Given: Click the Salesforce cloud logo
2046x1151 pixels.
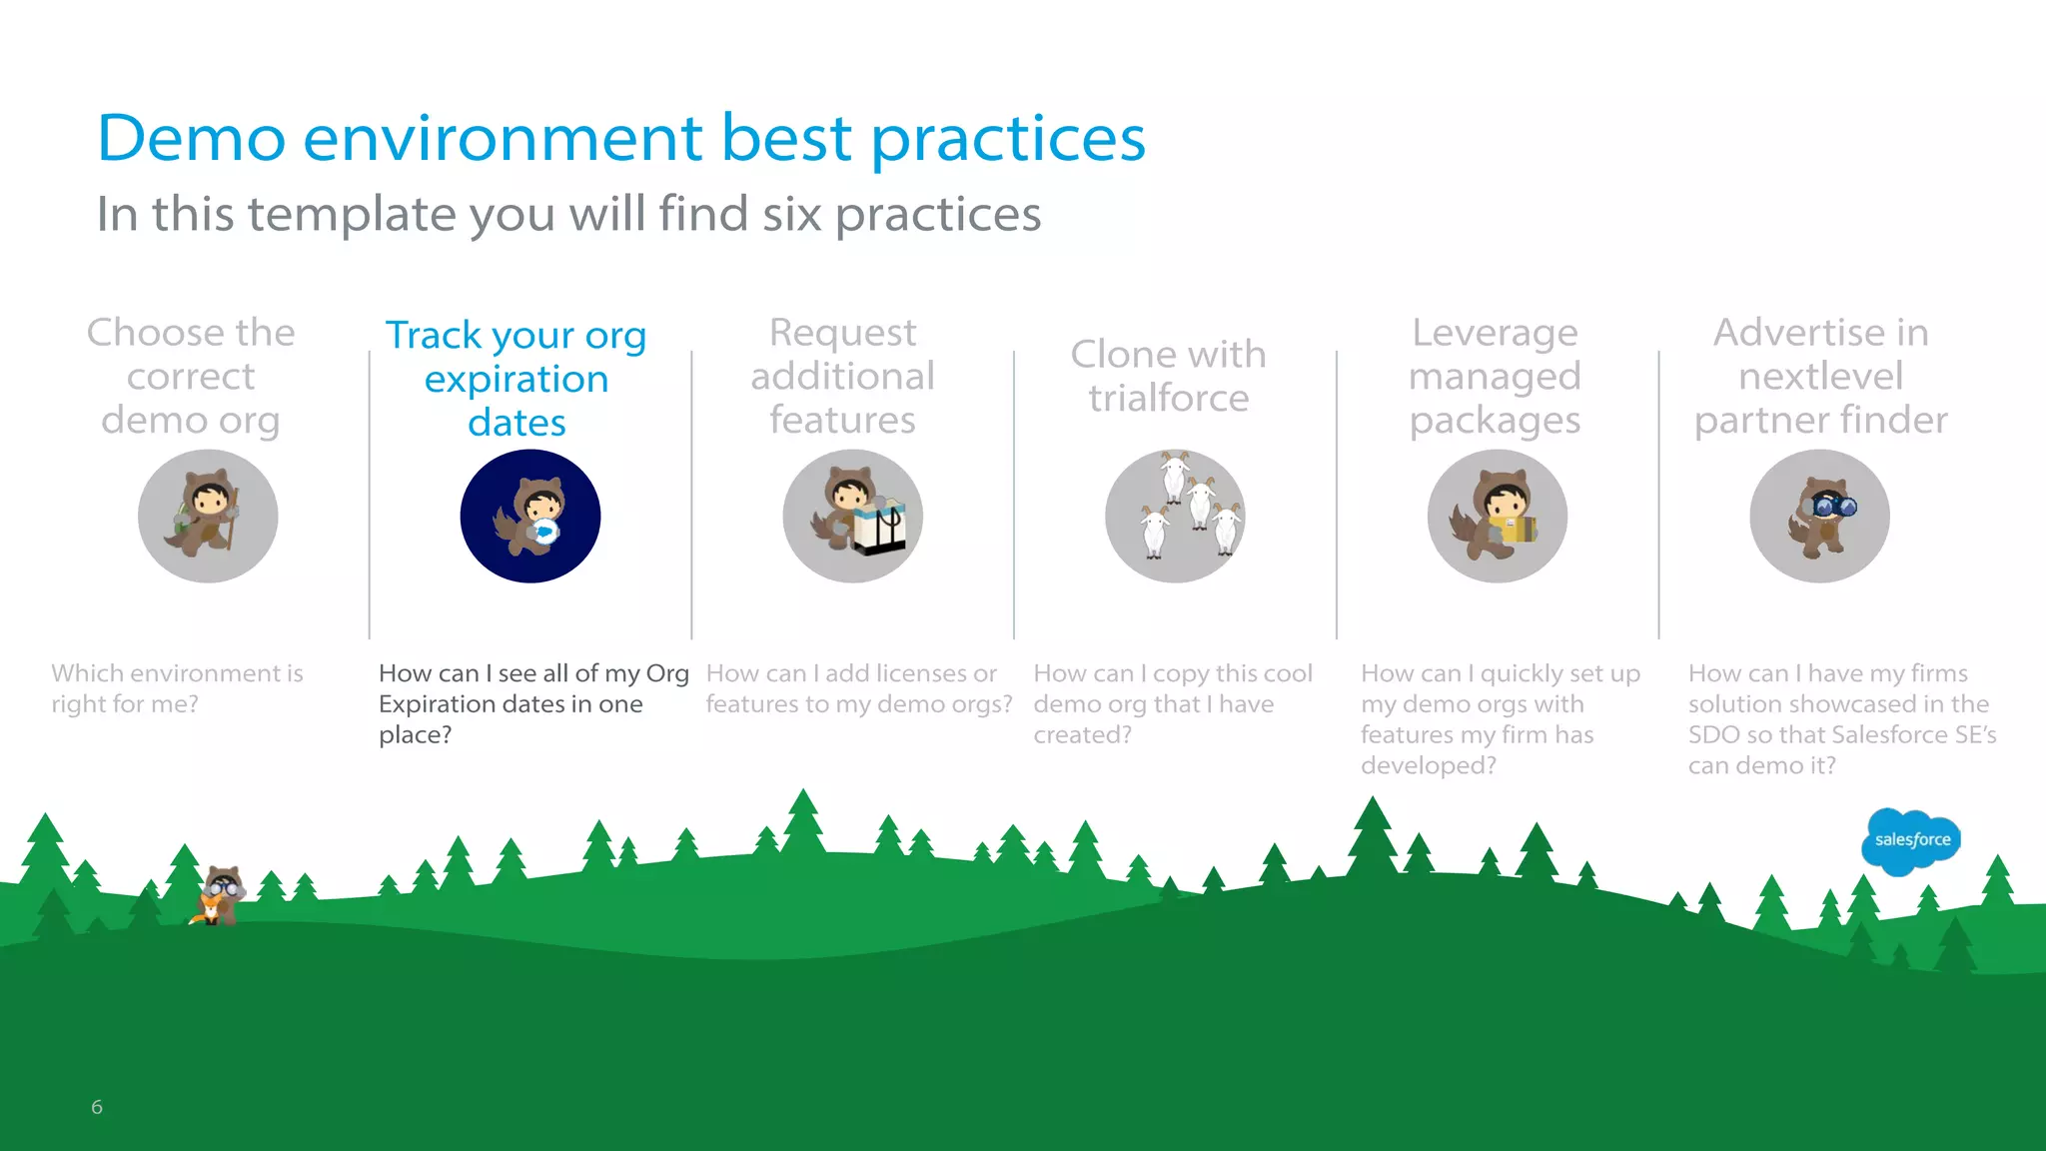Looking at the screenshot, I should point(1910,840).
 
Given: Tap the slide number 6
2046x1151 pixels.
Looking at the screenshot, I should point(97,1106).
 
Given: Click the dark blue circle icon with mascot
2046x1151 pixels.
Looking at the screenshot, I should point(530,517).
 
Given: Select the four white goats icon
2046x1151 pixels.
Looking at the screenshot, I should point(1175,517).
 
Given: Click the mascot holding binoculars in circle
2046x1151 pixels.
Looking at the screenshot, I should point(1819,517).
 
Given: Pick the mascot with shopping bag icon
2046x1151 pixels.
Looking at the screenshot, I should point(852,517).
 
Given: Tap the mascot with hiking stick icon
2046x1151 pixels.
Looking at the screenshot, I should point(208,517).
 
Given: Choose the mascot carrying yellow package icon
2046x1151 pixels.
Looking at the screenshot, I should point(1497,517).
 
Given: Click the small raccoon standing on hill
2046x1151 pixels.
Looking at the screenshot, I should point(219,895).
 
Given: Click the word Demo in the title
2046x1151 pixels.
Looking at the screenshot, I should point(191,138).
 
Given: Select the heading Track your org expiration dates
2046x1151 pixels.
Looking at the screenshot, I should point(516,379).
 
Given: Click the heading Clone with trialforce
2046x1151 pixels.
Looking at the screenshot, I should point(1168,376).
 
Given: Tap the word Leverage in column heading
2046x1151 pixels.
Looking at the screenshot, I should point(1495,333).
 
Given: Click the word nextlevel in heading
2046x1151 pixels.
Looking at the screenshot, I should point(1820,377).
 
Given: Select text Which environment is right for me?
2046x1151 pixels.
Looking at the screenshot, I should point(177,688).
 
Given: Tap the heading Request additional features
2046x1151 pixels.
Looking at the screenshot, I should point(842,376).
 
